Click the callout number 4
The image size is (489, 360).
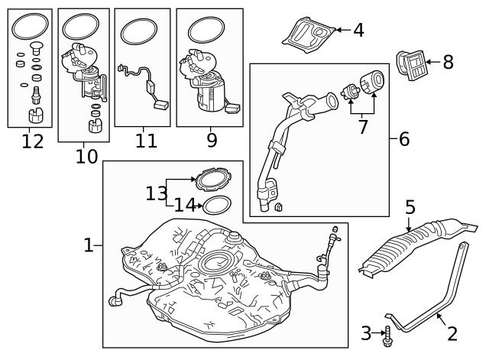[358, 31]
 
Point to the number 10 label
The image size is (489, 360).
[86, 156]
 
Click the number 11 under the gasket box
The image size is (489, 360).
[146, 141]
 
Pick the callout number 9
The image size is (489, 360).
[211, 141]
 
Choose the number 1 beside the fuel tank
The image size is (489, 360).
[89, 245]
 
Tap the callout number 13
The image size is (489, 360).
[157, 193]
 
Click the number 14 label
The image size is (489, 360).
[184, 205]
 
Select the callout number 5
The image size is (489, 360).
[410, 207]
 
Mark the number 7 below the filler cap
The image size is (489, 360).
[364, 126]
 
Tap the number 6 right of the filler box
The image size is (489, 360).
[403, 138]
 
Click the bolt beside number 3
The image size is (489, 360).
[387, 334]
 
